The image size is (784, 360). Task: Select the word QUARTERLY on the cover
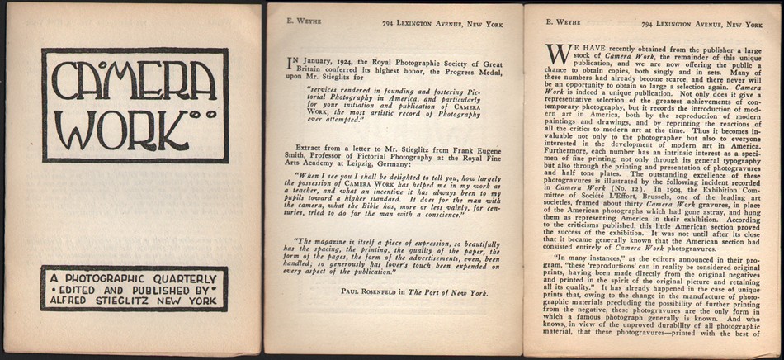186,278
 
